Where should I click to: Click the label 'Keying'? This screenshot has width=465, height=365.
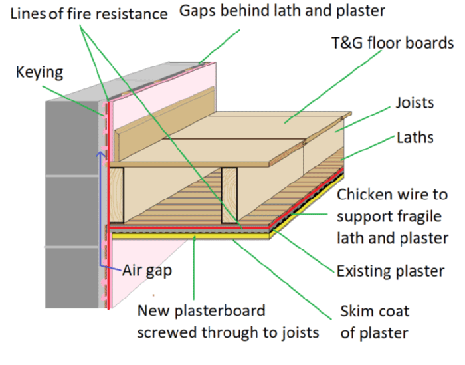pyautogui.click(x=39, y=72)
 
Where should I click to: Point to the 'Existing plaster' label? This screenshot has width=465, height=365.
pyautogui.click(x=390, y=271)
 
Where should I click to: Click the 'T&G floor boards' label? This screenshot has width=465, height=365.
pyautogui.click(x=393, y=43)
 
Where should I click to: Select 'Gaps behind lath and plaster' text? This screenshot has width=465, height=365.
pyautogui.click(x=282, y=11)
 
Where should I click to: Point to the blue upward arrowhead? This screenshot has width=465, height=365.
pyautogui.click(x=100, y=154)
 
